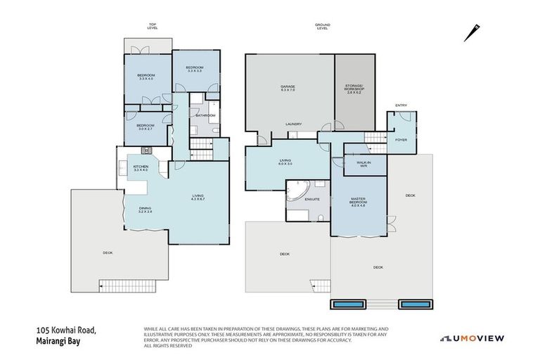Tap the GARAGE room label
288,89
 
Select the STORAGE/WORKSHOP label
354,89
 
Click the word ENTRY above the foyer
401,105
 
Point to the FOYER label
401,139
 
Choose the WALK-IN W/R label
364,164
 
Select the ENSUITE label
312,199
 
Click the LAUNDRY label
293,124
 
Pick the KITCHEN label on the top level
141,168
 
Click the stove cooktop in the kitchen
147,150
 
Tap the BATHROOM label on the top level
206,115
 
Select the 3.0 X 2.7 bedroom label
146,127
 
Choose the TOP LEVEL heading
153,26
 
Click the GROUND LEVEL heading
323,26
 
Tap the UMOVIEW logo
472,338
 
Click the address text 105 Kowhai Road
67,330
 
